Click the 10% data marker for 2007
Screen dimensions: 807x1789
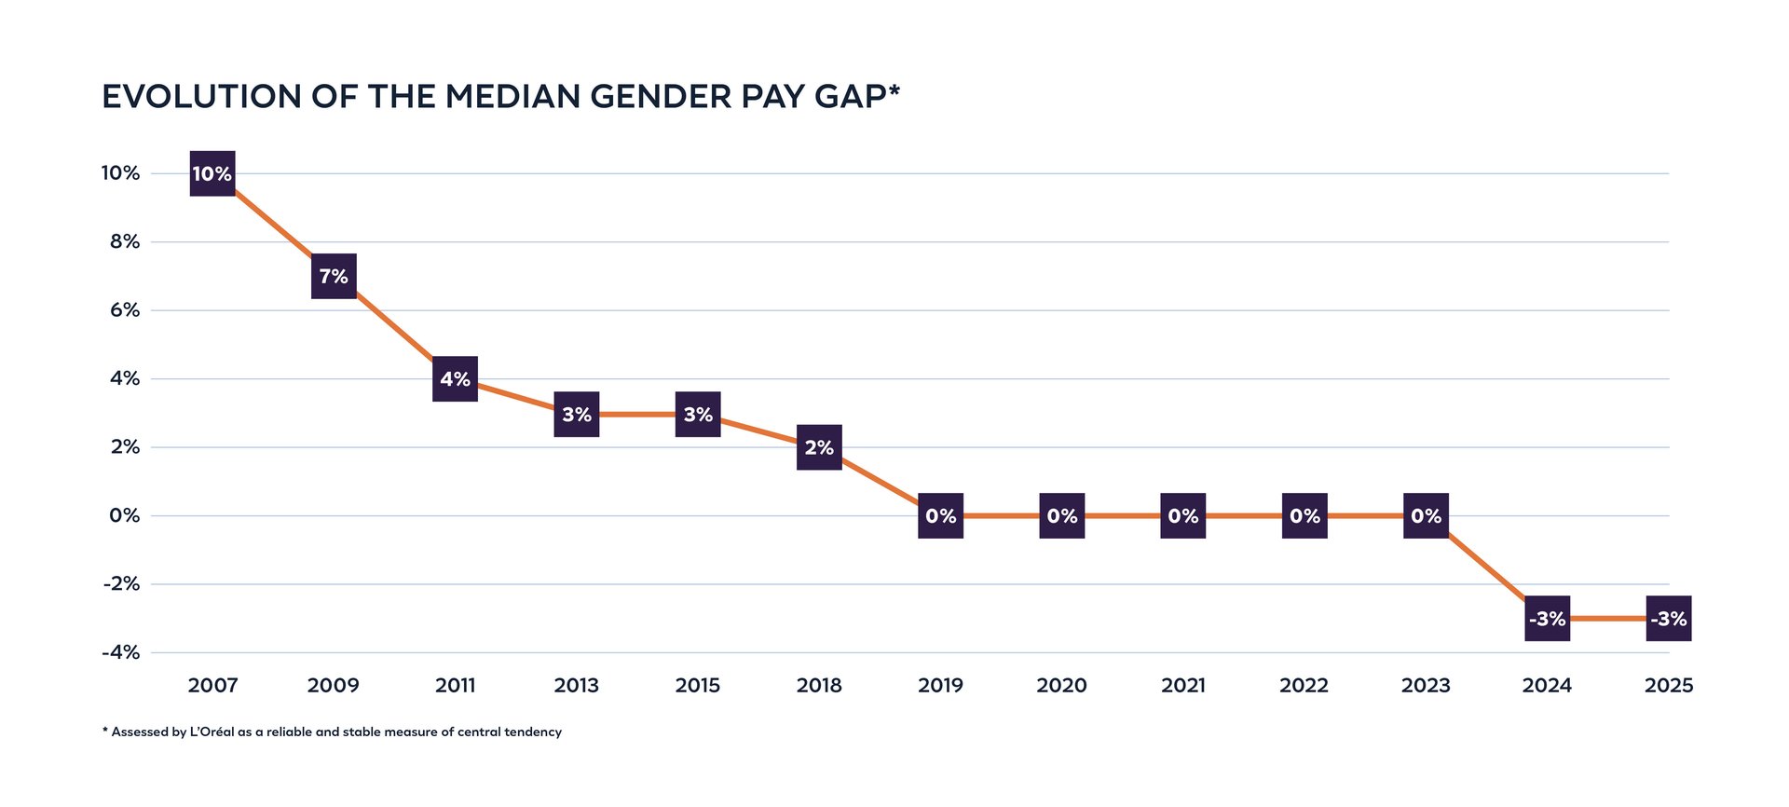(x=212, y=173)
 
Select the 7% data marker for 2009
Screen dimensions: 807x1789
(x=334, y=276)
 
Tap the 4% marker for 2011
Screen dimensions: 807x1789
(x=455, y=378)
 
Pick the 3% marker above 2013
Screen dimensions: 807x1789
(x=577, y=414)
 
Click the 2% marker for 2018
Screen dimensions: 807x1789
(x=819, y=447)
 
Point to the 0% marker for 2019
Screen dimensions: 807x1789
(x=940, y=515)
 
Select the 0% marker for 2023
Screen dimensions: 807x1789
(x=1426, y=515)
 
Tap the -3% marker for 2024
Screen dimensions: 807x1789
(x=1547, y=618)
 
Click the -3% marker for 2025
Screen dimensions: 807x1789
(x=1668, y=618)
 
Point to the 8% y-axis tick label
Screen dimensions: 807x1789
(x=125, y=241)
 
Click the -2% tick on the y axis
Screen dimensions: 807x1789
(x=121, y=584)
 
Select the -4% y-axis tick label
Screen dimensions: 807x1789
(x=121, y=652)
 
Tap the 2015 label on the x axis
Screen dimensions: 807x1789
(x=697, y=686)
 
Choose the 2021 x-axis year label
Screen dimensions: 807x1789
(x=1182, y=686)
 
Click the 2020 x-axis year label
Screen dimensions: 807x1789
(x=1061, y=686)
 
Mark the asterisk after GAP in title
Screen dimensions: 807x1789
(x=894, y=89)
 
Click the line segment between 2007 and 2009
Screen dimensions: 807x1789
(x=273, y=225)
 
